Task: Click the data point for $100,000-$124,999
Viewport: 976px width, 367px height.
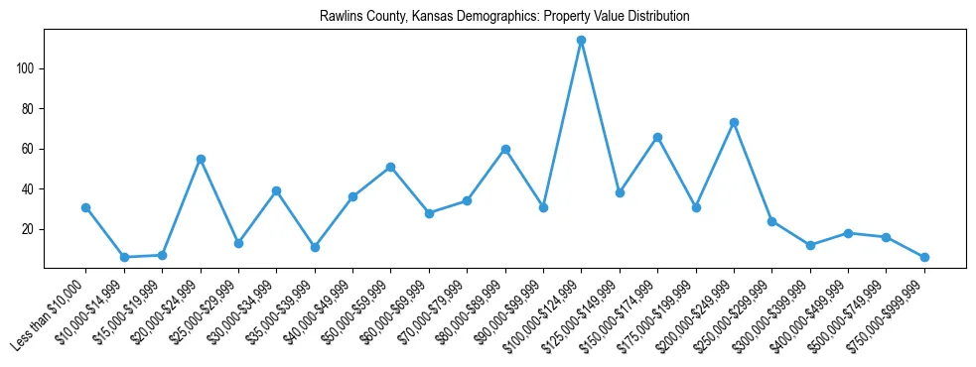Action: [x=581, y=41]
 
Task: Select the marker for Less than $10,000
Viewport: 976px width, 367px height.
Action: [x=85, y=207]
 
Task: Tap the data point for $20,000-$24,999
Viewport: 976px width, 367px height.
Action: [x=201, y=159]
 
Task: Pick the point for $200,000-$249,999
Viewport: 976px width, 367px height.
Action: [x=734, y=122]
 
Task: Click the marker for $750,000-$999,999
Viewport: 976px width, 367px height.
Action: [x=924, y=257]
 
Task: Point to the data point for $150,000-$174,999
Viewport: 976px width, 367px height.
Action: [x=657, y=137]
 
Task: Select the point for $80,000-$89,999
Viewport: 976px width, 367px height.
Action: [x=505, y=149]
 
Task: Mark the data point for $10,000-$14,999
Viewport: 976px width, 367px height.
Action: [x=124, y=257]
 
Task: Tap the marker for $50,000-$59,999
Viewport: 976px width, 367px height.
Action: [x=391, y=167]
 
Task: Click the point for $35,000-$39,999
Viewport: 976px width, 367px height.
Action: [x=315, y=247]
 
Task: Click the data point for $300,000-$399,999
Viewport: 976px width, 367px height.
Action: [x=810, y=245]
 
